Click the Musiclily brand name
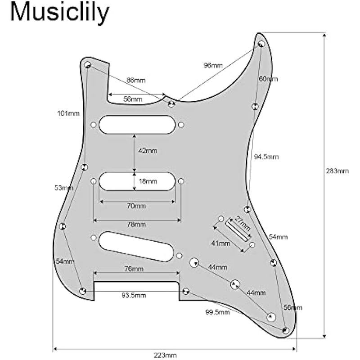tap(60, 13)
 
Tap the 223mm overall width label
tap(165, 355)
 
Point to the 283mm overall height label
tap(337, 171)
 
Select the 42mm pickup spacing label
tap(148, 151)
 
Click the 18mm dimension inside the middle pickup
tap(148, 181)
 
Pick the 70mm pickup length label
tap(136, 206)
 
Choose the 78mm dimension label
tap(136, 224)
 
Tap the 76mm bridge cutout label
tap(134, 269)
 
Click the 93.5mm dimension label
tap(134, 295)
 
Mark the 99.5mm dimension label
tap(217, 312)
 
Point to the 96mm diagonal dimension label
tap(213, 65)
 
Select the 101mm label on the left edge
tap(68, 113)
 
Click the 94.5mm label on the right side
tap(266, 157)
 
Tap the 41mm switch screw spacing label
tap(220, 243)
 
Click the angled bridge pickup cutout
tap(136, 246)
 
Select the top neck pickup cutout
tap(137, 125)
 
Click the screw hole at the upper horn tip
tap(261, 44)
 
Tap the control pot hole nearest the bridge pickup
tap(194, 263)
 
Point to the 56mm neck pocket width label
tap(133, 99)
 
